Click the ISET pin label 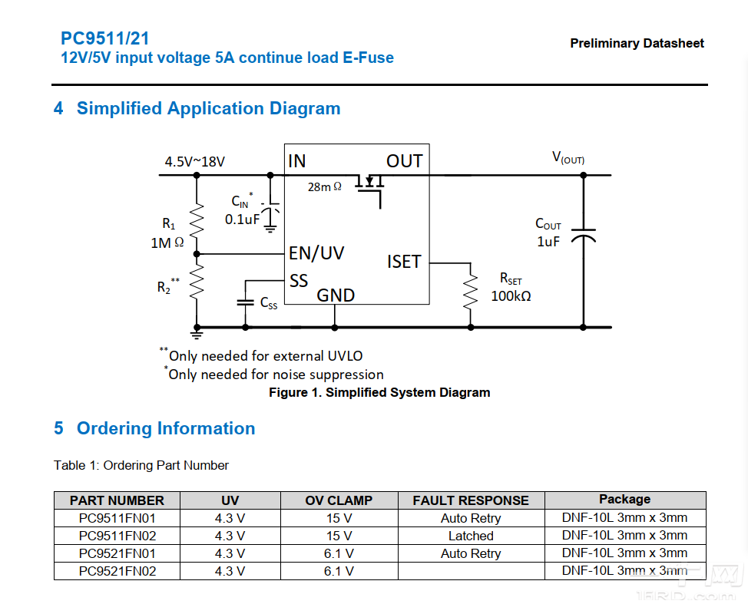[x=404, y=262]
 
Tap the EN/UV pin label [x=316, y=252]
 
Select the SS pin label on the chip [x=299, y=280]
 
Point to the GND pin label [x=336, y=295]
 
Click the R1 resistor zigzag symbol [x=197, y=222]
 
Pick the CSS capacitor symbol [x=246, y=302]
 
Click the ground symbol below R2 [x=197, y=332]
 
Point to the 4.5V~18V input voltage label [x=194, y=161]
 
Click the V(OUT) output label [x=568, y=158]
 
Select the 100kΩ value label [x=511, y=295]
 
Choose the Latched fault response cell [x=471, y=536]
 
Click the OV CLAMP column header [x=339, y=500]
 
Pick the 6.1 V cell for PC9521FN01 [x=339, y=553]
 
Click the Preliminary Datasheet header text [x=637, y=44]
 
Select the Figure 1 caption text [x=379, y=392]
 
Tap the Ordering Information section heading [x=166, y=428]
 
